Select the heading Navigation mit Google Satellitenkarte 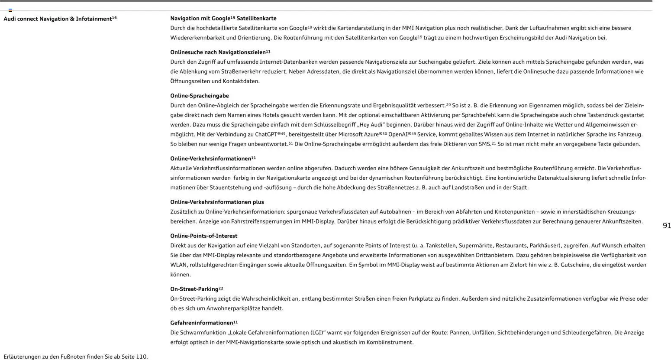pos(223,18)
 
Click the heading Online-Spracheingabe pos(200,96)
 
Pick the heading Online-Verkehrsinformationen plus pos(217,202)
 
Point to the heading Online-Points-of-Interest pos(203,236)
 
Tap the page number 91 pos(667,225)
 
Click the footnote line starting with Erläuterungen pos(76,357)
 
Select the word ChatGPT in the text pos(266,134)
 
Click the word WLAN pos(178,265)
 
